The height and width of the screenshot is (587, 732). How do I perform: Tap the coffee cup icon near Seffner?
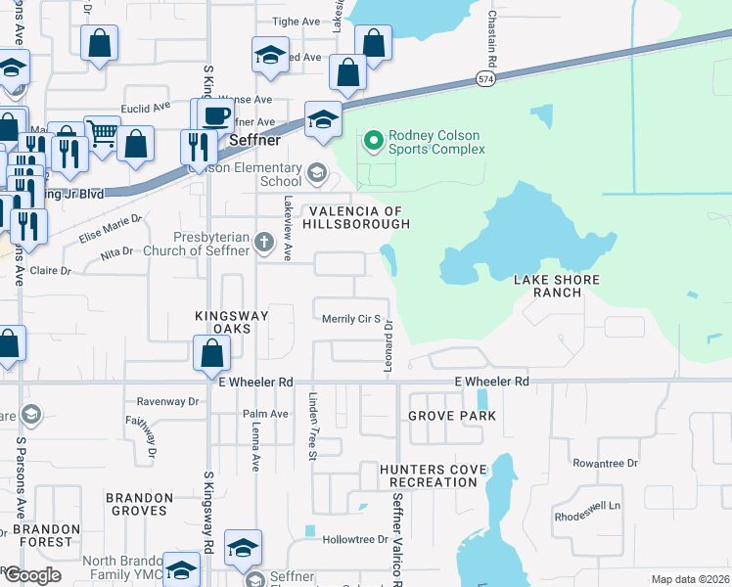click(215, 115)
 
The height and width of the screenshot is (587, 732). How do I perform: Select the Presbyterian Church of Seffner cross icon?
click(263, 242)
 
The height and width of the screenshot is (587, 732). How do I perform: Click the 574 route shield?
click(486, 77)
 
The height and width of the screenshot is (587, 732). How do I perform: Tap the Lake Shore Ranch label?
click(557, 286)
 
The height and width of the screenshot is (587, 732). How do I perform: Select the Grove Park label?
click(452, 416)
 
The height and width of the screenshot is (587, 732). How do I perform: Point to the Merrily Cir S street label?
click(350, 319)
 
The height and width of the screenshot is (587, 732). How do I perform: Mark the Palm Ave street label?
click(266, 414)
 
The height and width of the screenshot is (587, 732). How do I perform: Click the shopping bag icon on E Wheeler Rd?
click(212, 352)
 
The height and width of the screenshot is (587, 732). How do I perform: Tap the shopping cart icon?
click(102, 133)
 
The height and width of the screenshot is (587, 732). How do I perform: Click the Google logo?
click(31, 575)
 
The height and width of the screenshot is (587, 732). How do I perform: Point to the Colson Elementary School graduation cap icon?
click(316, 174)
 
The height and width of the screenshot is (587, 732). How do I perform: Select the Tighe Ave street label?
click(297, 22)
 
